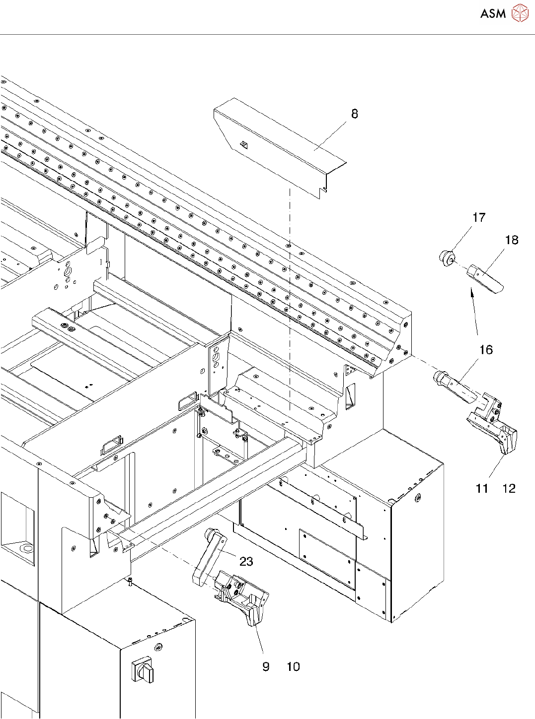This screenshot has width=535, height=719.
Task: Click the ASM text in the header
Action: coord(493,13)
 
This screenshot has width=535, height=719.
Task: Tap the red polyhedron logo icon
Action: coord(520,13)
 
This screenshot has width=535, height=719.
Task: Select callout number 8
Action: coord(355,114)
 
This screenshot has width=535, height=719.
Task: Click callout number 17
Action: coord(478,217)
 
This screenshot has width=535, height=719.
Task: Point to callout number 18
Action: coord(512,240)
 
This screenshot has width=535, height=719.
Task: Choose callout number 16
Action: coord(486,350)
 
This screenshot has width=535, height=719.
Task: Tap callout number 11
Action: coord(482,488)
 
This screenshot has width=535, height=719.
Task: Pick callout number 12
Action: coord(509,488)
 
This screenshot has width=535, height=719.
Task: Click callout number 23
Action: coord(246,561)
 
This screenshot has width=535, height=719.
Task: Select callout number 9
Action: coord(266,667)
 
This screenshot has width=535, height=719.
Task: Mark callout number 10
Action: coord(293,667)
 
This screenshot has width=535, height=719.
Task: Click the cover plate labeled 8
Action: coord(280,147)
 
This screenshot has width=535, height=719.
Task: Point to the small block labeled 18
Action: coord(485,279)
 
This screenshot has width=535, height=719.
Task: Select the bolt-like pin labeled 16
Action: coord(455,386)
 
